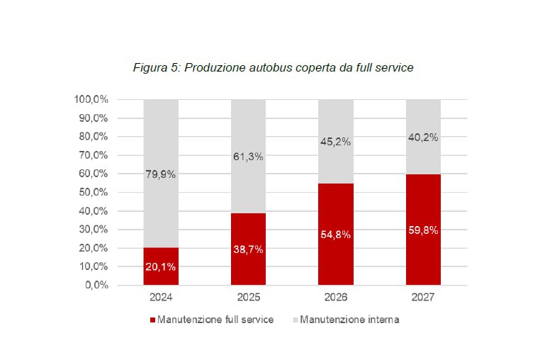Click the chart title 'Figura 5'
tap(274, 68)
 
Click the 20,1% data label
tap(161, 267)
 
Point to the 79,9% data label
tap(161, 174)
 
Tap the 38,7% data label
tap(248, 249)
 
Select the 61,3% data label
tap(248, 157)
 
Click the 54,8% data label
tap(335, 235)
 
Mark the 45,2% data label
tap(335, 142)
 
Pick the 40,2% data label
tap(422, 137)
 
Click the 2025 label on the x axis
tap(248, 298)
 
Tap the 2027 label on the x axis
tap(422, 298)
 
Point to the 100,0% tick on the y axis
tap(91, 99)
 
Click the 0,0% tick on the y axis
tap(97, 286)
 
